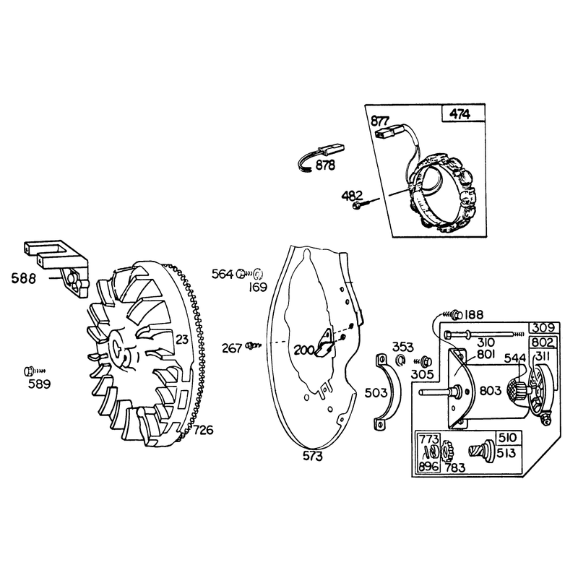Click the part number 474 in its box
click(460, 115)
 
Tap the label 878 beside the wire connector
click(325, 165)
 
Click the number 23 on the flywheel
click(182, 339)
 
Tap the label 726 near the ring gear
click(203, 430)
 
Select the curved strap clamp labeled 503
click(388, 392)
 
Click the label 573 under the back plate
click(312, 457)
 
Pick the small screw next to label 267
click(254, 345)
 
